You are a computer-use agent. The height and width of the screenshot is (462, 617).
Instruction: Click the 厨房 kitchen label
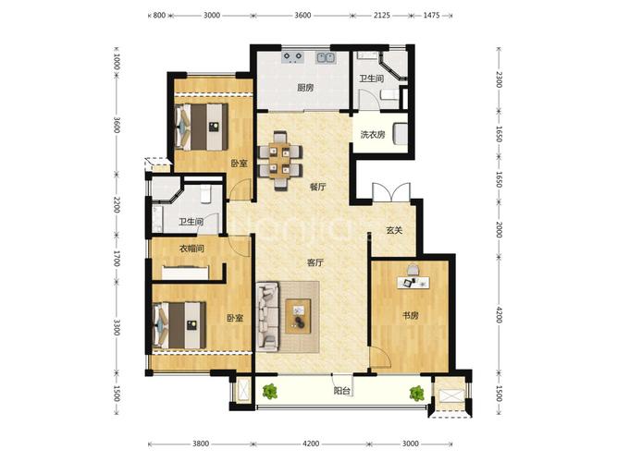click(x=305, y=88)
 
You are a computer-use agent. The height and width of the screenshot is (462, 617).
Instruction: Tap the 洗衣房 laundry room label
click(x=373, y=135)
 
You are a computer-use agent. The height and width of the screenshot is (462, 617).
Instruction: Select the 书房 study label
click(x=410, y=315)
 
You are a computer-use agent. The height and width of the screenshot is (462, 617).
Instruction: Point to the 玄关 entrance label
click(x=394, y=230)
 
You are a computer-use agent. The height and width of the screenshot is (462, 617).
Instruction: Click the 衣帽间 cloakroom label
click(x=191, y=249)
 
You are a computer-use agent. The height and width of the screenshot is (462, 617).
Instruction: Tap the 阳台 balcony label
click(x=342, y=391)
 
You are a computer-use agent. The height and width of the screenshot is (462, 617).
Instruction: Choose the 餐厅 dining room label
click(x=317, y=187)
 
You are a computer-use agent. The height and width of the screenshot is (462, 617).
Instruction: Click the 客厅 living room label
click(x=315, y=262)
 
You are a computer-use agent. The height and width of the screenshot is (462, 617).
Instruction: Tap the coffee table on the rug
click(x=298, y=316)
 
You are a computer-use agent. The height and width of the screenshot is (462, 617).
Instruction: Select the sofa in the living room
click(x=267, y=317)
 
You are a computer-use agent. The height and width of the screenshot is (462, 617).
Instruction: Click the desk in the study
click(x=413, y=283)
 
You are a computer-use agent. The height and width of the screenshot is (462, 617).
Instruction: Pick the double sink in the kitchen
click(x=327, y=58)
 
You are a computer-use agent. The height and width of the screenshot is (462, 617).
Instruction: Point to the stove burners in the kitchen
click(x=293, y=57)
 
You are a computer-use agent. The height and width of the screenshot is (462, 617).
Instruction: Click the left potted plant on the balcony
click(x=269, y=392)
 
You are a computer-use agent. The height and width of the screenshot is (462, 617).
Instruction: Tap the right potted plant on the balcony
click(x=416, y=393)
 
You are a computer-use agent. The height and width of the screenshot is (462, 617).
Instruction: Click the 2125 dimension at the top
click(x=382, y=16)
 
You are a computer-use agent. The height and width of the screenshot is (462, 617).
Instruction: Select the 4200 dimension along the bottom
click(x=311, y=444)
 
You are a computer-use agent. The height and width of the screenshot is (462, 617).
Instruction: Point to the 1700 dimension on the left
click(x=117, y=258)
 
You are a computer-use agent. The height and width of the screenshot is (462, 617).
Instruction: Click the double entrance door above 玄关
click(x=391, y=193)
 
